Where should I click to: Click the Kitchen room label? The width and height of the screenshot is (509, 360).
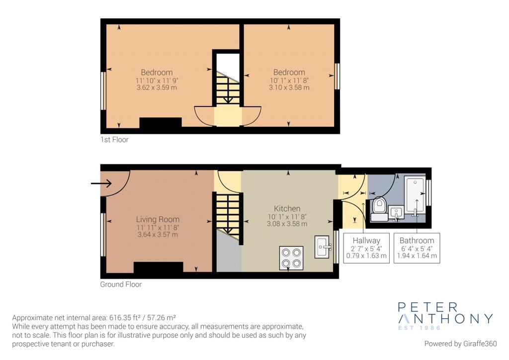tap(287, 208)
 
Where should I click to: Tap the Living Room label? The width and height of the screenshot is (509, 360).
tap(158, 219)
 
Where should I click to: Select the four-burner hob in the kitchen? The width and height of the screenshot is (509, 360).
tap(291, 258)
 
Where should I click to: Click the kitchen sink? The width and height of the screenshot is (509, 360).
tap(323, 247)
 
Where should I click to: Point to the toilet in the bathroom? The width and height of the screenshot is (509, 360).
tap(378, 209)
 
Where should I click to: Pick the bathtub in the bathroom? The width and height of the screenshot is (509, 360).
tap(415, 195)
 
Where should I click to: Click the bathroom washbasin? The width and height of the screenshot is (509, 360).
tap(396, 213)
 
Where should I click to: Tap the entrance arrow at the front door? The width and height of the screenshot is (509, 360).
tap(101, 183)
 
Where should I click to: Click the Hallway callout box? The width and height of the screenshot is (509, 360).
tap(366, 248)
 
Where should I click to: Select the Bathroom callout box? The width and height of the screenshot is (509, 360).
tap(417, 248)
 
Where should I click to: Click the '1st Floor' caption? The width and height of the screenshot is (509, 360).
tap(114, 140)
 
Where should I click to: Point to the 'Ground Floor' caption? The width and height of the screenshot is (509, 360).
tap(121, 284)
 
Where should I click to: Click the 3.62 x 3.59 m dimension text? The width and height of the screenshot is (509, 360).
tap(157, 88)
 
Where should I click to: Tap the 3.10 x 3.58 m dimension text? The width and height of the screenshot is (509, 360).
tap(289, 88)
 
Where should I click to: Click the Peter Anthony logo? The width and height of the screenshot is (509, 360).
tap(445, 316)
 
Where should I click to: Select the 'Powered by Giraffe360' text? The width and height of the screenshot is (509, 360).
tap(460, 344)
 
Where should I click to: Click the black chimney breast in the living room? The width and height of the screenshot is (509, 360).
tap(158, 267)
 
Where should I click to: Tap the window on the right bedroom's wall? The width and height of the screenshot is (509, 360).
tap(337, 76)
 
